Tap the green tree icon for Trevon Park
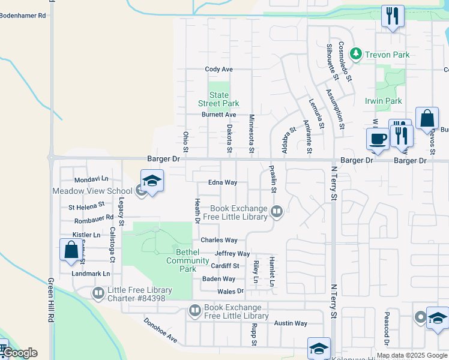356,55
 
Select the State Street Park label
219,99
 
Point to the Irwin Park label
384,101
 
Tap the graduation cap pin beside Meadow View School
152,181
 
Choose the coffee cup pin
378,139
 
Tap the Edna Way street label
223,182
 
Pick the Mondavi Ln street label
91,179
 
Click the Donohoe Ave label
160,330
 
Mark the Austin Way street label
291,323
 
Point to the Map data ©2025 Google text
412,355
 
